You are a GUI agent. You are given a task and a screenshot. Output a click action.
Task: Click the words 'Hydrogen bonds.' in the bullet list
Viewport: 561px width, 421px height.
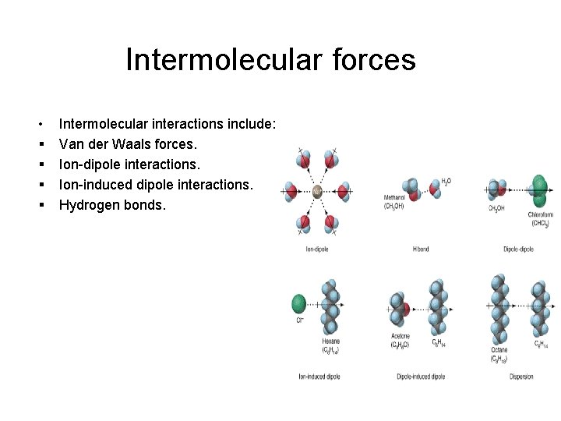(112, 206)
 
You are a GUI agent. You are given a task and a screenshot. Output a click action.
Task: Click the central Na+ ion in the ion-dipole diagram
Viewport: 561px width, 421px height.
(317, 191)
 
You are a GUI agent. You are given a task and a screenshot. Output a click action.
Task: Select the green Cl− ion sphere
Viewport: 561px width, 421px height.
(298, 303)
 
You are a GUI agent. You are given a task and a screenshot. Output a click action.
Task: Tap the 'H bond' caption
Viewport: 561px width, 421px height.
(421, 249)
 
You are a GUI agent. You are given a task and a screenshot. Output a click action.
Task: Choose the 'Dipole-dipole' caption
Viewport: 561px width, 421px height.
(519, 249)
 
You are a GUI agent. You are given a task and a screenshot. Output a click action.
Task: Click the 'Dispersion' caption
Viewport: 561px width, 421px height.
(521, 377)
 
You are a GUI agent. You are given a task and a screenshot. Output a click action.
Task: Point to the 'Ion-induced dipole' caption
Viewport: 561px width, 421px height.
(319, 377)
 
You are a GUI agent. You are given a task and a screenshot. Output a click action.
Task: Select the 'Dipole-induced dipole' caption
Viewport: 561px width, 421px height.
(421, 377)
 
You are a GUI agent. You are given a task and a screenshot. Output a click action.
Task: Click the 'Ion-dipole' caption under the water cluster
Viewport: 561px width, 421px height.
(316, 249)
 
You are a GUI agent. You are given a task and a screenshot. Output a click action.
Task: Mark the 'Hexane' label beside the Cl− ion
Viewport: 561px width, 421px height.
(331, 341)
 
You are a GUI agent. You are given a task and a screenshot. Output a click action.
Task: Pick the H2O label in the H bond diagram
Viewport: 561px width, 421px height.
(446, 181)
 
